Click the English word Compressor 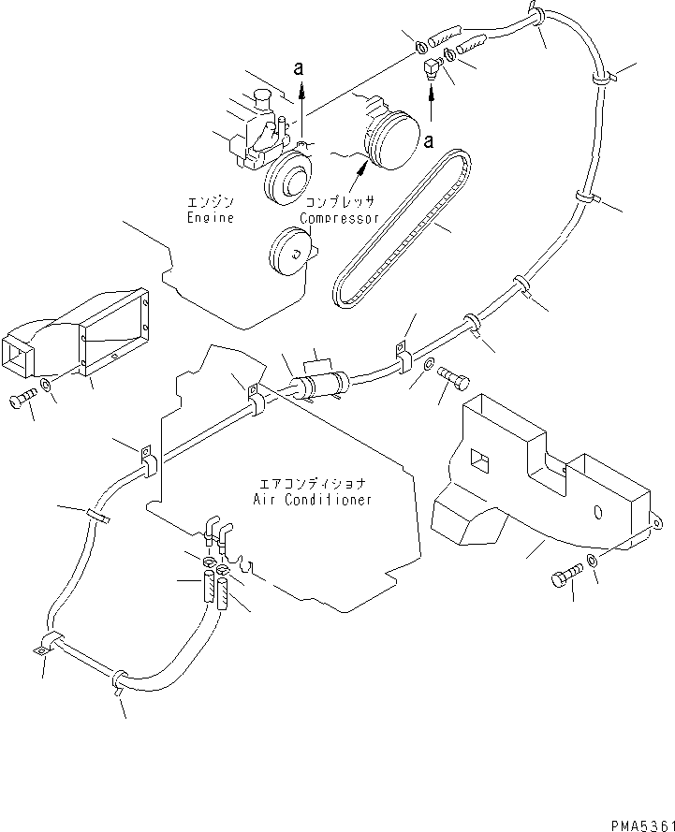[x=339, y=218]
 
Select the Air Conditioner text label [x=312, y=500]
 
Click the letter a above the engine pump [x=299, y=67]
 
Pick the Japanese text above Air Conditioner [x=312, y=484]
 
